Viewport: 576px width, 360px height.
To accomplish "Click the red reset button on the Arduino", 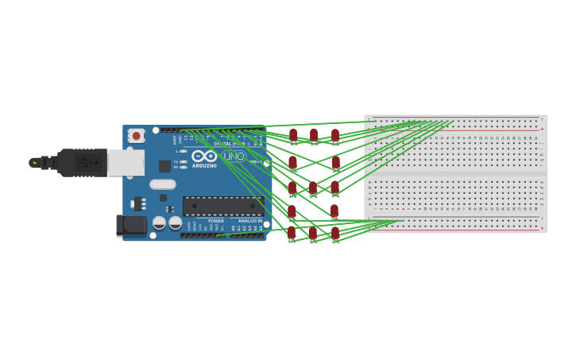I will (x=136, y=136).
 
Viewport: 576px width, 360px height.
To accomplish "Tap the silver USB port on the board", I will (x=126, y=163).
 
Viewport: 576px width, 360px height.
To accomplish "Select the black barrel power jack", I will (x=131, y=225).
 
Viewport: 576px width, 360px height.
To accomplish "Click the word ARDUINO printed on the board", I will (x=204, y=165).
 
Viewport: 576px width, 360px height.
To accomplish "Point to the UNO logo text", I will (x=234, y=157).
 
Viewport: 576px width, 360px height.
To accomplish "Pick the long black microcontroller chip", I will (x=222, y=206).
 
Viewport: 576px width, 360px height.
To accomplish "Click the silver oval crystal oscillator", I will (x=162, y=184).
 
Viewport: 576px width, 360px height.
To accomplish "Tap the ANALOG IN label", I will (x=249, y=221).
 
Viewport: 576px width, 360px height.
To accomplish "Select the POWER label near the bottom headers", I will (x=215, y=221).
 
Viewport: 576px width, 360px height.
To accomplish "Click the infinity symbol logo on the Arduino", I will (x=204, y=156).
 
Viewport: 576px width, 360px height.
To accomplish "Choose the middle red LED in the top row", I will (x=314, y=135).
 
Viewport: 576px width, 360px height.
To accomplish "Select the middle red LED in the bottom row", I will (x=313, y=233).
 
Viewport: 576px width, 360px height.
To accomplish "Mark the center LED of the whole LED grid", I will (x=313, y=188).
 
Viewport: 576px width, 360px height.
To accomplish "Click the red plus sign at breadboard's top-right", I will (x=542, y=129).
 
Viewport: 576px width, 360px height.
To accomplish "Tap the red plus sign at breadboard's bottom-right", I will (x=542, y=228).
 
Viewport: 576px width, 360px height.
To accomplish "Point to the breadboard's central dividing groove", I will (x=455, y=172).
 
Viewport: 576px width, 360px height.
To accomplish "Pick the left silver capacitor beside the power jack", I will (x=159, y=223).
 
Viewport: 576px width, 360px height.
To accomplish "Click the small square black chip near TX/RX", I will (x=164, y=166).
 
